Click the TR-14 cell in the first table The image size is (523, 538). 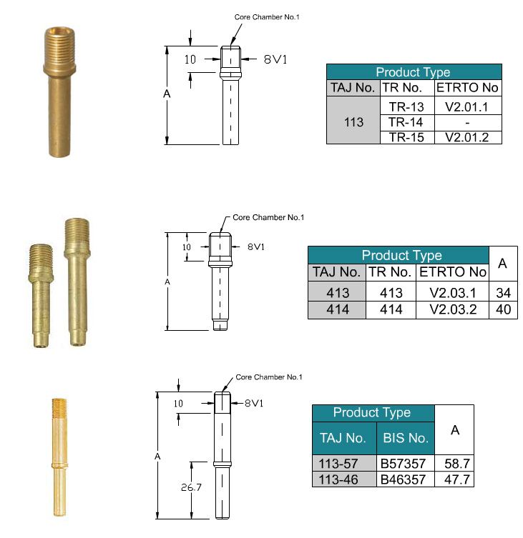pyautogui.click(x=407, y=122)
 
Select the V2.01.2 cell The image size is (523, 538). pyautogui.click(x=468, y=138)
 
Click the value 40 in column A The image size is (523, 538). pyautogui.click(x=503, y=310)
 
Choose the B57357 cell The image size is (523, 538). pyautogui.click(x=406, y=464)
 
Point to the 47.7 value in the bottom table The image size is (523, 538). pyautogui.click(x=454, y=479)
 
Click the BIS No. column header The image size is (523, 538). pyautogui.click(x=406, y=438)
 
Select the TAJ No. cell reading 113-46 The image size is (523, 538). pyautogui.click(x=344, y=479)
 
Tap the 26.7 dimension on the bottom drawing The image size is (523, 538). pyautogui.click(x=191, y=487)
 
